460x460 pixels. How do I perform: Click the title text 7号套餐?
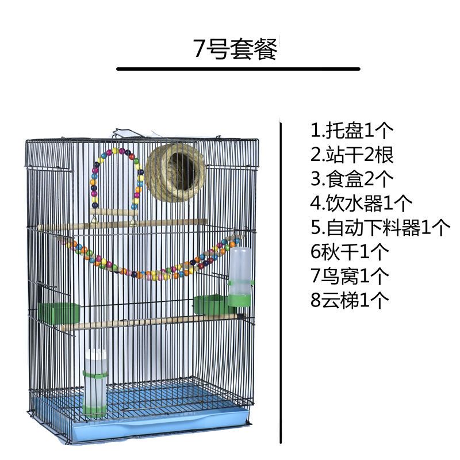tap(235, 49)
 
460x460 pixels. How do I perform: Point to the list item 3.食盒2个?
tap(352, 179)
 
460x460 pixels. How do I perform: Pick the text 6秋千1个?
tap(350, 252)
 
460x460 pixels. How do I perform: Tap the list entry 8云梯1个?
tap(350, 299)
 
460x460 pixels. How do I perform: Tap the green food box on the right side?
tap(208, 305)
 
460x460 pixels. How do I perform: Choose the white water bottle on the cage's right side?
tap(241, 276)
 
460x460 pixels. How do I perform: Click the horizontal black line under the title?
tap(238, 69)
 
